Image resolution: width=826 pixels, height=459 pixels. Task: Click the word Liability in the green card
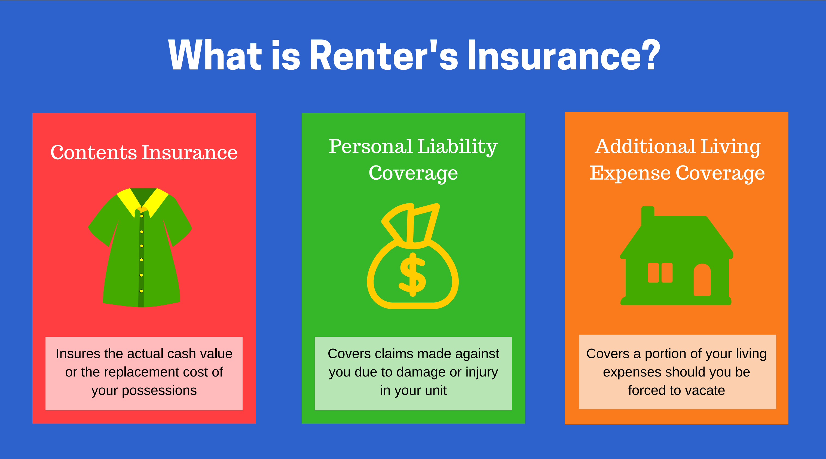458,147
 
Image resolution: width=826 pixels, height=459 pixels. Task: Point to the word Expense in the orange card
630,173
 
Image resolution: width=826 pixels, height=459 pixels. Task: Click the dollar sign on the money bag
413,275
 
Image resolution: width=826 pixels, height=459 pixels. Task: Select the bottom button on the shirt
141,291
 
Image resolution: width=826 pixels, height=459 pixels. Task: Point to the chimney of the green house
647,216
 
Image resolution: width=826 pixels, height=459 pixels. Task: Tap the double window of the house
660,273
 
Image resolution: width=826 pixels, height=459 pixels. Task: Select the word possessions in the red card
159,391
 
